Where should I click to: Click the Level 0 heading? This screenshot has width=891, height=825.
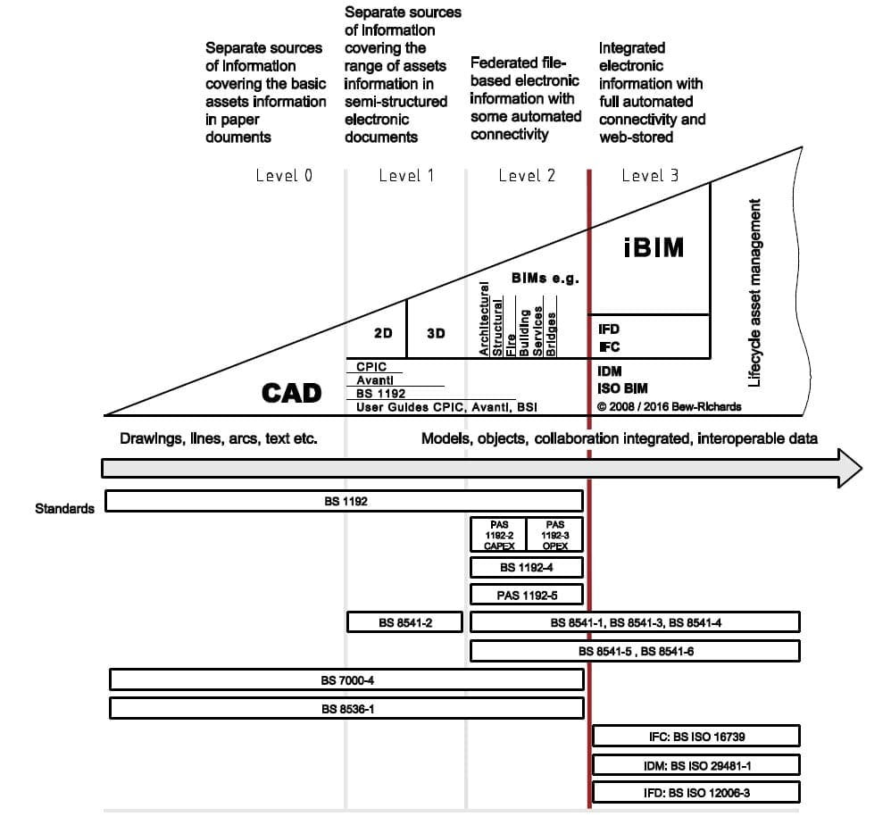click(284, 175)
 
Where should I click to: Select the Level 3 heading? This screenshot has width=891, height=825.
click(650, 175)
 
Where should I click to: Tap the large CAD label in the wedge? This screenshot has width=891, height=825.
click(291, 393)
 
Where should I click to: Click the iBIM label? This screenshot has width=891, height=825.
click(654, 247)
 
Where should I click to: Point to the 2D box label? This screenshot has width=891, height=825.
click(383, 333)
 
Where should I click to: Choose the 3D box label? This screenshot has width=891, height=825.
click(436, 333)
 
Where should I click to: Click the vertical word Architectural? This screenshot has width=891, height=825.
click(485, 320)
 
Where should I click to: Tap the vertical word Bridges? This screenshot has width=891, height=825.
click(552, 334)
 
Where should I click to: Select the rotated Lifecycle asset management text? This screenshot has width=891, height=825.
click(754, 293)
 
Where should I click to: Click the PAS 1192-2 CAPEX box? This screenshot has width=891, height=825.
click(498, 534)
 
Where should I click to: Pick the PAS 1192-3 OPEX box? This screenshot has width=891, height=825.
click(554, 534)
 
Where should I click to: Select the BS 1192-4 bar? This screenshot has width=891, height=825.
click(526, 567)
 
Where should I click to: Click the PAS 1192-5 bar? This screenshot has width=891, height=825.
click(526, 595)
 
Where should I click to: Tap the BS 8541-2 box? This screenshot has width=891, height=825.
click(404, 622)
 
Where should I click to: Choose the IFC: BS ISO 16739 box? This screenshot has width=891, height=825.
click(695, 737)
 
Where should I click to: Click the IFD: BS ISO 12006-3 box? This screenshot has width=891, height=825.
click(695, 792)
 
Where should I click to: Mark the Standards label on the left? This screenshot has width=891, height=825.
click(64, 509)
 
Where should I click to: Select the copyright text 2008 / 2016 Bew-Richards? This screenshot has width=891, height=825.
click(669, 407)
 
